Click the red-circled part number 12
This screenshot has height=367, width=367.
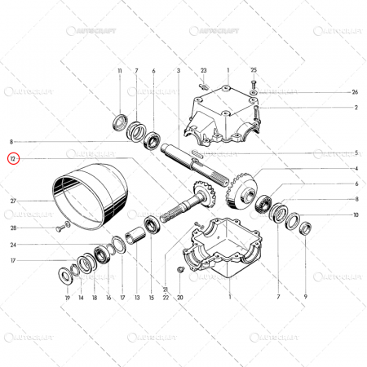tap(12, 158)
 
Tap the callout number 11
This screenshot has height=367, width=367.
tap(120, 72)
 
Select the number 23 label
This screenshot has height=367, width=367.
tap(204, 72)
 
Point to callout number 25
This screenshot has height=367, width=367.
tap(254, 72)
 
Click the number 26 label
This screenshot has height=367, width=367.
tap(355, 92)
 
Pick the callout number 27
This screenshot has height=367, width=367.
tap(14, 201)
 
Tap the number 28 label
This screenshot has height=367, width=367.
tap(14, 228)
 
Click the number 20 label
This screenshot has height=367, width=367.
tap(180, 298)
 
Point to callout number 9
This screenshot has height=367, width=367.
tap(305, 298)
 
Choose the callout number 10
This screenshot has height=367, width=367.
tap(355, 214)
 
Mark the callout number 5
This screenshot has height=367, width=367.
tap(355, 153)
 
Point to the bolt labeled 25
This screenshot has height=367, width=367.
tap(254, 84)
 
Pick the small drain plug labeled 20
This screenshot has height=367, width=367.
tap(179, 269)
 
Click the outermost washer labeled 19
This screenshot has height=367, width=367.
tap(68, 270)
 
